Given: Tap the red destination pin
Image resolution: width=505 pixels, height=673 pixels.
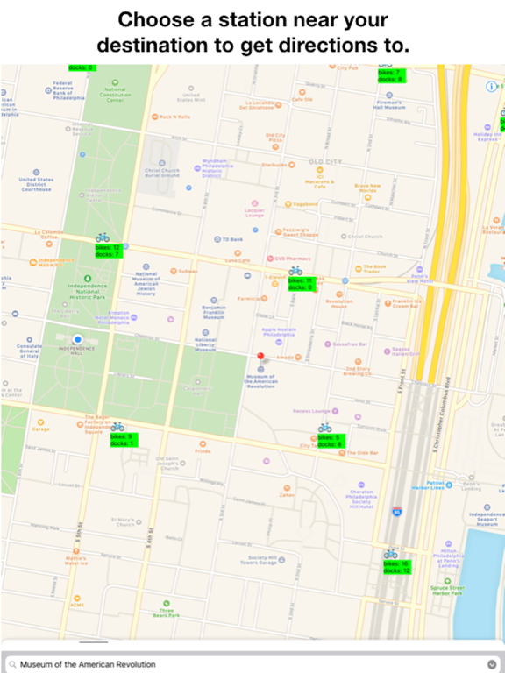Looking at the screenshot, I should click(260, 357).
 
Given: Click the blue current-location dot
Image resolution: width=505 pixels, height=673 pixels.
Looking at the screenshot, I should click(77, 339).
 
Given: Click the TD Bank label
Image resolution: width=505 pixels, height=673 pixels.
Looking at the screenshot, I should click(231, 239).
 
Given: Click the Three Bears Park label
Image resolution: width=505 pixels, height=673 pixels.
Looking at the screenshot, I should click(167, 613).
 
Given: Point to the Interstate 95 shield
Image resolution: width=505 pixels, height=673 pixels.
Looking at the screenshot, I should click(396, 509).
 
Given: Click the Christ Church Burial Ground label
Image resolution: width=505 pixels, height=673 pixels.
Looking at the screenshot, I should click(162, 173).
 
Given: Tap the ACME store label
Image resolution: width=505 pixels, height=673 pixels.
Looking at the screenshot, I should click(77, 605).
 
